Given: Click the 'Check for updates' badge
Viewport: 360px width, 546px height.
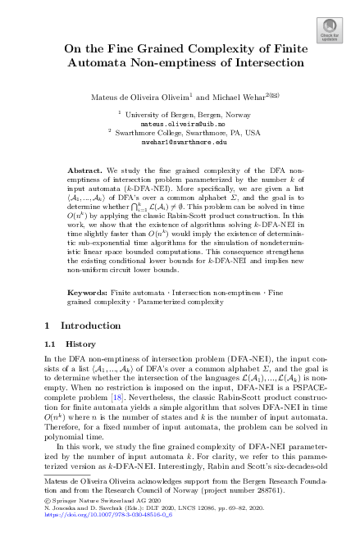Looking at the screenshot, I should coord(330,30).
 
